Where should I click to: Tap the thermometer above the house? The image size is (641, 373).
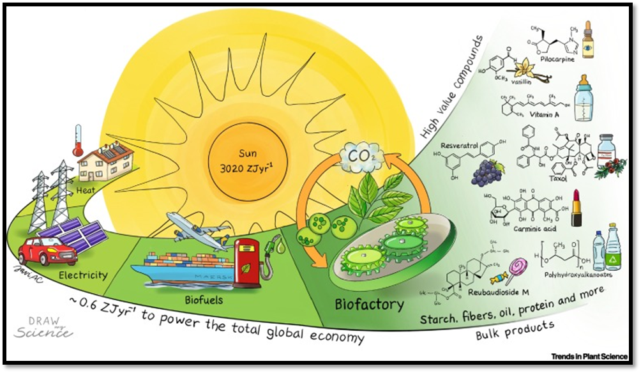pos(79,140)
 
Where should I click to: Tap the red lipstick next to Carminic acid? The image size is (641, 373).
pos(577,208)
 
